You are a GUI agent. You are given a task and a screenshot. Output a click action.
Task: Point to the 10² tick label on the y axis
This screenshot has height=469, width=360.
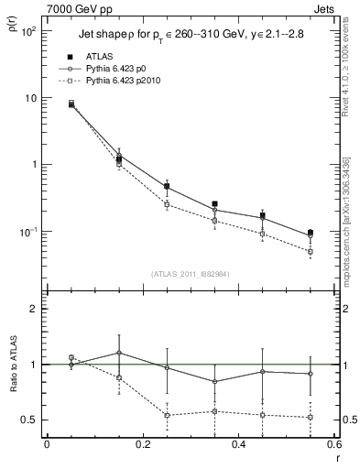[27, 31]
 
